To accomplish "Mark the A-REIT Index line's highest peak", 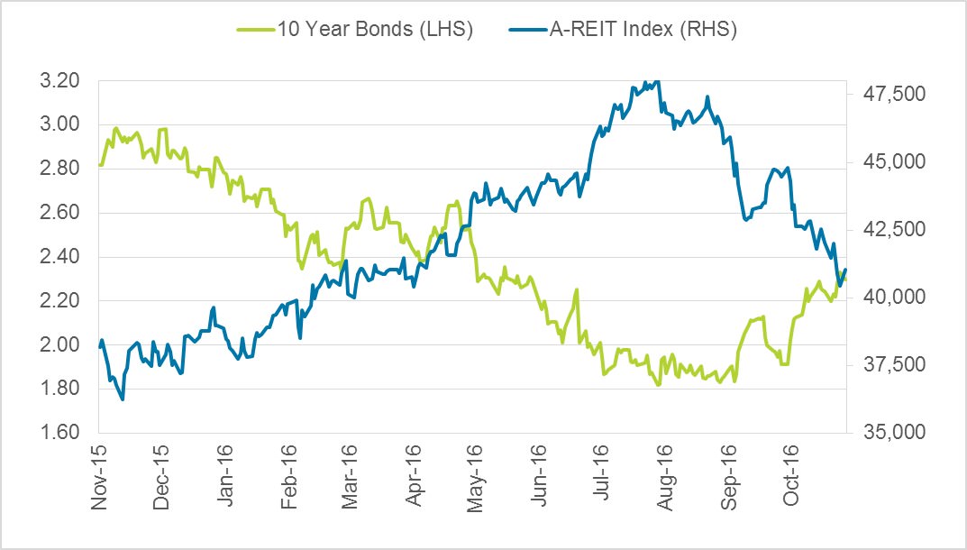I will pos(658,81).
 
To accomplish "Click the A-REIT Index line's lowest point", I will pos(123,399).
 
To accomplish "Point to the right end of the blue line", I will pos(845,270).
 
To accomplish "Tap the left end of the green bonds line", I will pos(99,165).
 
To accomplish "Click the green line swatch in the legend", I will pos(256,30).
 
